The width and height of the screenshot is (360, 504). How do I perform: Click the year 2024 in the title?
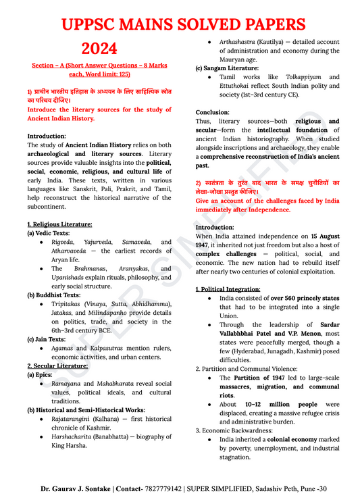(99, 49)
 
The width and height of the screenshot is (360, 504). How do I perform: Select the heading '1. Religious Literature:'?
(60, 224)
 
